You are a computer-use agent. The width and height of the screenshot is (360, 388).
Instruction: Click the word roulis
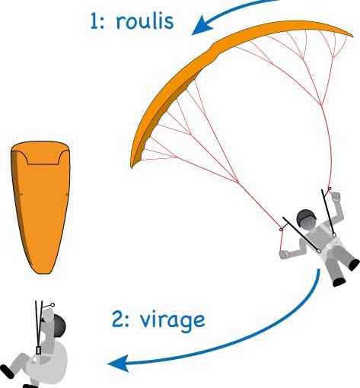(145, 21)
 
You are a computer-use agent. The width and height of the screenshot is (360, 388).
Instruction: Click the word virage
(172, 320)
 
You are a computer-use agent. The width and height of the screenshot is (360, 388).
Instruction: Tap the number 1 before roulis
(95, 22)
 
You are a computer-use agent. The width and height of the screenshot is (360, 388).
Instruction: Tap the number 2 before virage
(118, 320)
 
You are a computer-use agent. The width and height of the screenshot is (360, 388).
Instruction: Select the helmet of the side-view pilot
(59, 326)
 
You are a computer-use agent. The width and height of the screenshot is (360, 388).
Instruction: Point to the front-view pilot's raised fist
(336, 197)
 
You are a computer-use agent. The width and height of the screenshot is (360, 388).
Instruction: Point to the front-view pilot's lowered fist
(285, 254)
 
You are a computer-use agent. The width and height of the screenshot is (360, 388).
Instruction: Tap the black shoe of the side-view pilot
(7, 371)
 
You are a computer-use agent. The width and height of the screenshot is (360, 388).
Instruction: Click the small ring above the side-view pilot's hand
(53, 304)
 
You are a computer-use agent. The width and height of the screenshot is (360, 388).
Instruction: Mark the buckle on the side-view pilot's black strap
(39, 351)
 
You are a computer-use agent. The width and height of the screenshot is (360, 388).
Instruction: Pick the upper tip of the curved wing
(352, 36)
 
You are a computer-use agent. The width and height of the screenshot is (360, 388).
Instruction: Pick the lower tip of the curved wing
(132, 166)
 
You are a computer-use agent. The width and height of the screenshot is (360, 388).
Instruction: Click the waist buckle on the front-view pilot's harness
(329, 246)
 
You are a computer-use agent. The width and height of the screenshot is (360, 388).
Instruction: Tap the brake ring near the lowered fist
(281, 230)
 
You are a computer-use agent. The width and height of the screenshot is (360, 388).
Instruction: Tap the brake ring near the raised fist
(330, 189)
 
